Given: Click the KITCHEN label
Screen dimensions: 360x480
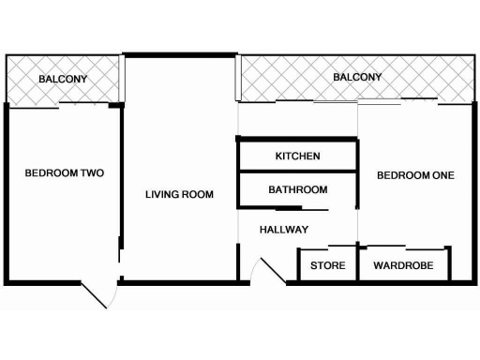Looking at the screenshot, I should [x=298, y=156].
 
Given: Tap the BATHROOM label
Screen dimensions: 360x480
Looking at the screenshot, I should [x=298, y=189].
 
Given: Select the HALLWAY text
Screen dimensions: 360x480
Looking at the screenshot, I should [x=284, y=229].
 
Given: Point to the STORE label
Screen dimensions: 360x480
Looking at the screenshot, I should [x=328, y=265].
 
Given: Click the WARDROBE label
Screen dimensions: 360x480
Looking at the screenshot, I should [x=403, y=265].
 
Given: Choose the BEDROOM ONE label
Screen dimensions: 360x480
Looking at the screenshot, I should [x=414, y=175].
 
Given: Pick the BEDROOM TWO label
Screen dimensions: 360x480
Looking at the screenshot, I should [x=64, y=172].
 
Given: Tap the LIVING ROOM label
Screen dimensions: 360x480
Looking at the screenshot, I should [x=179, y=195].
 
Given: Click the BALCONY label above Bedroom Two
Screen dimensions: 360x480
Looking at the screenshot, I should [x=63, y=80].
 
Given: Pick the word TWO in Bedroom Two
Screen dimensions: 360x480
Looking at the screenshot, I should [x=90, y=172].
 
